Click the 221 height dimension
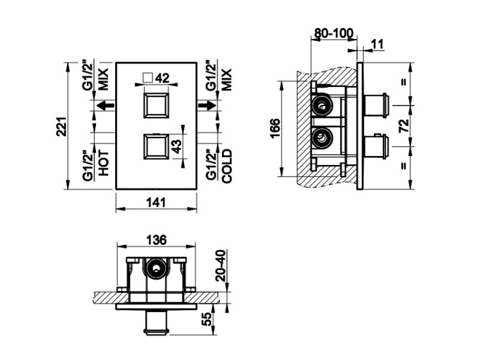coord(61,127)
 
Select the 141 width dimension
coord(156,203)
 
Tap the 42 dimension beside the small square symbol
coord(163,78)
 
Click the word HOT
coord(104,163)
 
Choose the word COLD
coord(227,166)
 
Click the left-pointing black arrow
coord(106,106)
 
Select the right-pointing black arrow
coord(207,106)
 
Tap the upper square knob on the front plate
coord(156,106)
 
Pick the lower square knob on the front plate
coord(156,147)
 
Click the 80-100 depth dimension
coord(334,33)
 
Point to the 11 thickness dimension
coord(378,44)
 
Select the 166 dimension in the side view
coord(275,129)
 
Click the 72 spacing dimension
coord(404,125)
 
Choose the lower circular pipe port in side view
coord(321,136)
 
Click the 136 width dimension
coord(156,240)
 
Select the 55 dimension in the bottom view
coord(208,319)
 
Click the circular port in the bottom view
coord(156,267)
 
